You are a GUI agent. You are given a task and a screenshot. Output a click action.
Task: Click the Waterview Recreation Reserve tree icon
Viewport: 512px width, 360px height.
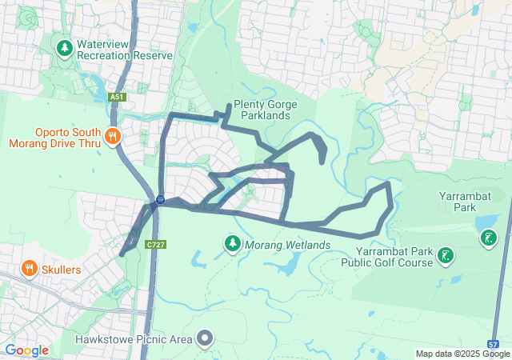pyautogui.click(x=64, y=49)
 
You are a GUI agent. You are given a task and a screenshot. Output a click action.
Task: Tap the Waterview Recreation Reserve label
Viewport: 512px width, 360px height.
pyautogui.click(x=124, y=50)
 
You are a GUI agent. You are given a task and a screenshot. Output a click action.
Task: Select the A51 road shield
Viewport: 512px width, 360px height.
pyautogui.click(x=118, y=97)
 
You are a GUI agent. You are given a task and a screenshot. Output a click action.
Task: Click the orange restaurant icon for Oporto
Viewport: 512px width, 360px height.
pyautogui.click(x=112, y=136)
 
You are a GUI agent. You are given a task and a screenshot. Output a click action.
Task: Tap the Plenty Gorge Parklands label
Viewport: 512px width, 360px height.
pyautogui.click(x=265, y=110)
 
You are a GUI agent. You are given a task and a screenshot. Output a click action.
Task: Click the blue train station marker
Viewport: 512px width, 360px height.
pyautogui.click(x=160, y=199)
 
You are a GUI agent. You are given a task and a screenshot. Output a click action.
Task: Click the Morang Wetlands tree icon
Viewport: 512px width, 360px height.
pyautogui.click(x=232, y=242)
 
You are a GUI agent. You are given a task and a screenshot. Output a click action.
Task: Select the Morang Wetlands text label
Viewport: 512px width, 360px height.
pyautogui.click(x=287, y=244)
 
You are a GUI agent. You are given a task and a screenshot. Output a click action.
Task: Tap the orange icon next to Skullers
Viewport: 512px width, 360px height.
pyautogui.click(x=29, y=268)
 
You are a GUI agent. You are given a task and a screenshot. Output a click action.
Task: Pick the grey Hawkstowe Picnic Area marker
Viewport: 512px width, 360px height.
pyautogui.click(x=206, y=338)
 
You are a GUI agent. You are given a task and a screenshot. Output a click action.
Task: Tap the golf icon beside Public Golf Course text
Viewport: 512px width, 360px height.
pyautogui.click(x=446, y=256)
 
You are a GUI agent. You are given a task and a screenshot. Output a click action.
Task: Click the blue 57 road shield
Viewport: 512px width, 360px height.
pyautogui.click(x=493, y=343)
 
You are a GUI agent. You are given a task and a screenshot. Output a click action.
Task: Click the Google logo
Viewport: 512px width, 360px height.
pyautogui.click(x=26, y=350)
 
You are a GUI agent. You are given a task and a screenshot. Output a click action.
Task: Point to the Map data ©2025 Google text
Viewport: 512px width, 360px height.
pyautogui.click(x=462, y=354)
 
